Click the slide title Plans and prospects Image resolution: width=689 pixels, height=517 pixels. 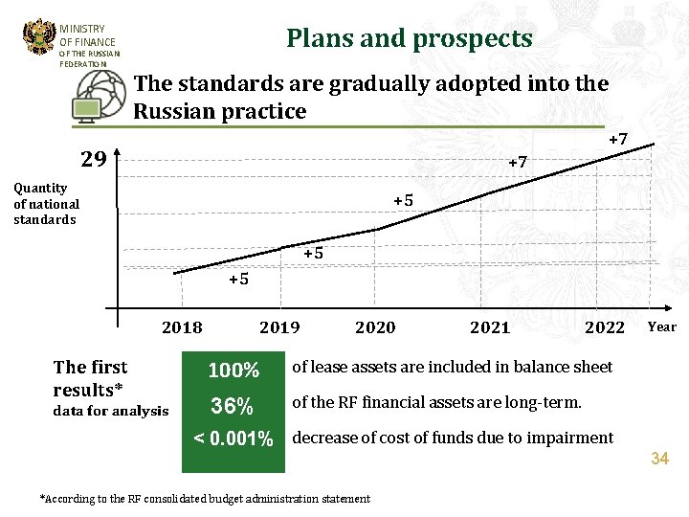click(x=410, y=38)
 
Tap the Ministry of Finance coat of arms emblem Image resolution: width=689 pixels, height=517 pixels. click(x=39, y=37)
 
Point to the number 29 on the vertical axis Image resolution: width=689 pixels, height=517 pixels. click(x=93, y=159)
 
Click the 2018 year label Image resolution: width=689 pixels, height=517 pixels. click(x=182, y=327)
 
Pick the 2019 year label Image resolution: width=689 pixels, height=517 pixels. click(x=279, y=327)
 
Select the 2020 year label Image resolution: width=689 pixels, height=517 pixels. click(x=375, y=327)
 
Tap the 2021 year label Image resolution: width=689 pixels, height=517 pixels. click(x=490, y=327)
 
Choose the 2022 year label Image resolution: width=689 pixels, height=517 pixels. click(x=605, y=327)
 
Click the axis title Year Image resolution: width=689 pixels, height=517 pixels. click(x=661, y=327)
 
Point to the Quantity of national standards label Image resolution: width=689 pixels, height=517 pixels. click(x=46, y=204)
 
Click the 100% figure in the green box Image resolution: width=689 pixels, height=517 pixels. click(x=234, y=371)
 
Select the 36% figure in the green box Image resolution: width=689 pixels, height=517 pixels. click(x=233, y=406)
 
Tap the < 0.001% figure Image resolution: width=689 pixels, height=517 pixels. click(x=233, y=439)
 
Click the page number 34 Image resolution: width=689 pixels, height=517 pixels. click(x=659, y=460)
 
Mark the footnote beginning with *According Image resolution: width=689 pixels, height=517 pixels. click(x=205, y=499)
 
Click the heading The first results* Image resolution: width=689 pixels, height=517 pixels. click(x=91, y=378)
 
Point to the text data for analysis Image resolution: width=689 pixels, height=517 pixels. click(x=111, y=412)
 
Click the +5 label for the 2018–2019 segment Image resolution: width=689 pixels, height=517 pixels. click(x=238, y=280)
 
